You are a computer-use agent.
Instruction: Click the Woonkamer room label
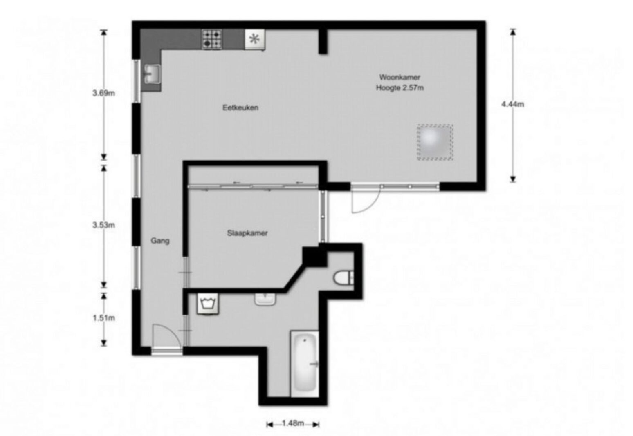point(400,77)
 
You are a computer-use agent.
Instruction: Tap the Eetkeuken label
point(240,107)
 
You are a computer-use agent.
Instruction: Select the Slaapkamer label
point(247,233)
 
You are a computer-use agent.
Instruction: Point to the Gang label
point(160,241)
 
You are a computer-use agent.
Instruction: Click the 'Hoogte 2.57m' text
point(400,88)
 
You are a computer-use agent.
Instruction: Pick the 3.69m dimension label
point(104,93)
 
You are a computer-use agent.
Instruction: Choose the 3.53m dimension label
point(104,225)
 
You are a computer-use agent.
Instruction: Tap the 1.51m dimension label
point(104,318)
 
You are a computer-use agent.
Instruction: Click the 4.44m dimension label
point(513,104)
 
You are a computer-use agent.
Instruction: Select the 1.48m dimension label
point(293,423)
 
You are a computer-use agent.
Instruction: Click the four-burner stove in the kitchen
point(211,39)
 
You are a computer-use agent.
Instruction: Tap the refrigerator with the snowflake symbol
point(255,40)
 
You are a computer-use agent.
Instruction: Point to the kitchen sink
point(152,74)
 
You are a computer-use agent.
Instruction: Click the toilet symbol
point(343,278)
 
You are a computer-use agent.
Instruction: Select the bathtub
point(305,363)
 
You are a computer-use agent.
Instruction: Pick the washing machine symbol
point(207,304)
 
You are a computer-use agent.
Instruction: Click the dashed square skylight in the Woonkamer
point(435,143)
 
